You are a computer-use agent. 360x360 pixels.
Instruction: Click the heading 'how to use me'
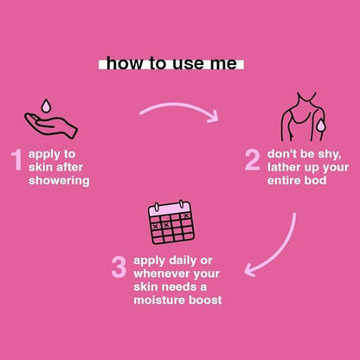(171, 64)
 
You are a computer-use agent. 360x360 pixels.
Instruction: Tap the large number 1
(17, 160)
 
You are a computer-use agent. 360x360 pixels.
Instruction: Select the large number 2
(253, 160)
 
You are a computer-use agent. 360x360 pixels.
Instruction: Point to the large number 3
(119, 267)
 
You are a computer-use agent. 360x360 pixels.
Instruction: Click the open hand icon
(51, 125)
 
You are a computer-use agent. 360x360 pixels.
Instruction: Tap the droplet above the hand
(45, 106)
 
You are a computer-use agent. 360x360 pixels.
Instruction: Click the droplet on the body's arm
(320, 125)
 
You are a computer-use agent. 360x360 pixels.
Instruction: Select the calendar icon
(171, 222)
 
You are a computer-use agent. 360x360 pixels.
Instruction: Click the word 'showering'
(59, 181)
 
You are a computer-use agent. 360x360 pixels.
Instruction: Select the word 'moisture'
(159, 300)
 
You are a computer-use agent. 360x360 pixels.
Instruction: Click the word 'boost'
(205, 300)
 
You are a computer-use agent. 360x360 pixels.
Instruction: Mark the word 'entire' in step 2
(283, 181)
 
